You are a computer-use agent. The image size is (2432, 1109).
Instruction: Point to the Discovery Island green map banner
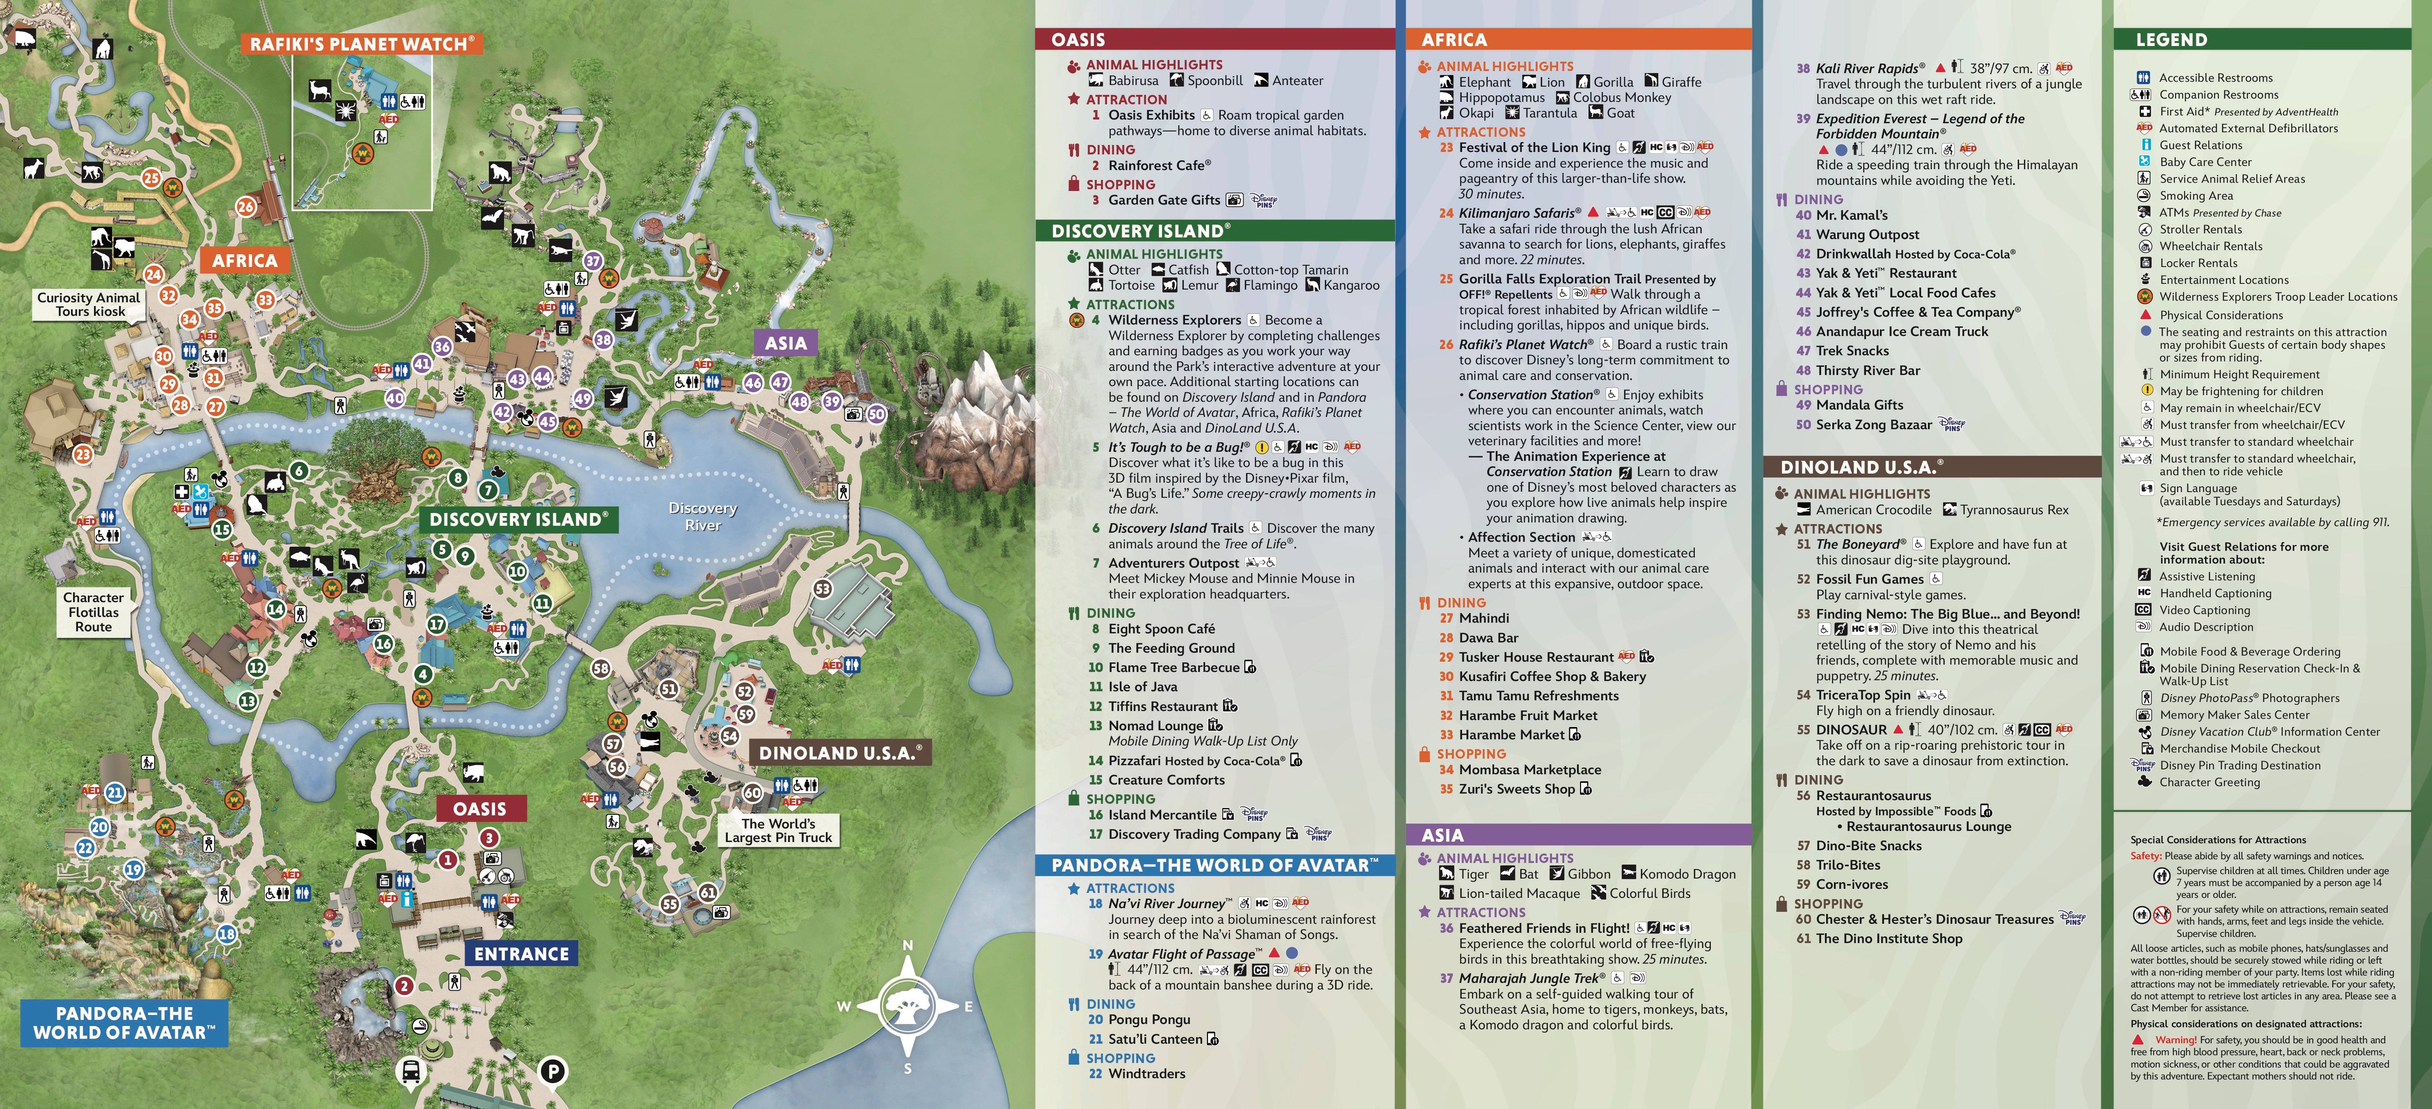[x=518, y=519]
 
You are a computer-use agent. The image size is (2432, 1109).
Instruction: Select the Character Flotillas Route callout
[x=94, y=612]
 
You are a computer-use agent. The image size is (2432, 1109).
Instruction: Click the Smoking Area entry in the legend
[x=2196, y=196]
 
